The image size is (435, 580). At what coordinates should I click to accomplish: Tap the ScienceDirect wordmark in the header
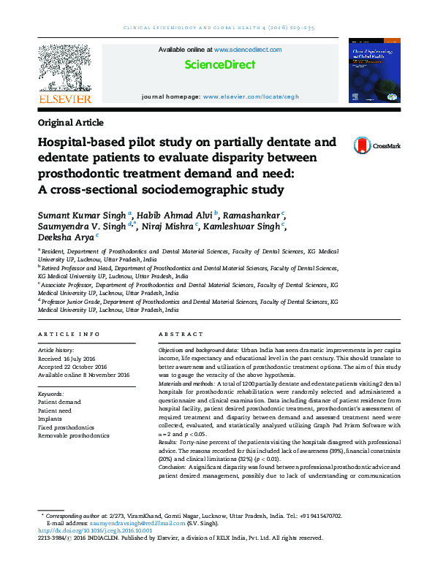(220, 64)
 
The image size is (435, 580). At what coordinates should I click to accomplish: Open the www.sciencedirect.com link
(248, 50)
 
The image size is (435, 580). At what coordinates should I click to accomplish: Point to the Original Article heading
(70, 123)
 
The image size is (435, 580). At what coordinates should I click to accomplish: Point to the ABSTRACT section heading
(176, 334)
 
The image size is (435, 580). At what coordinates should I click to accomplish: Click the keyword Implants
(50, 419)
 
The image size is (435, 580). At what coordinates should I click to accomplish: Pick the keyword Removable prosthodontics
(74, 435)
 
